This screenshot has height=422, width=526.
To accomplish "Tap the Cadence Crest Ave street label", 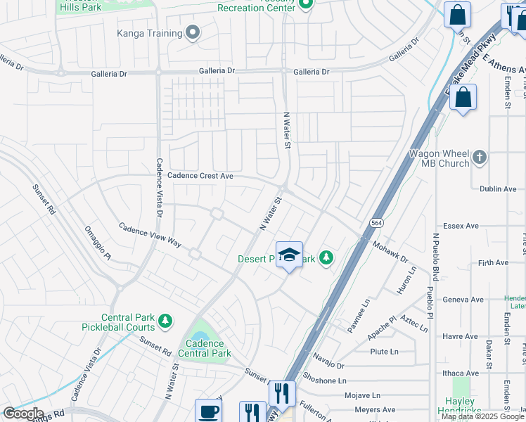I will [200, 177].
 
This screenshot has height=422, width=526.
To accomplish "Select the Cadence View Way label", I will [150, 236].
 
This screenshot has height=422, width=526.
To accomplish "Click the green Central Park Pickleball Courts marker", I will [165, 321].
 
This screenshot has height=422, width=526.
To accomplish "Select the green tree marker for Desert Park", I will [326, 259].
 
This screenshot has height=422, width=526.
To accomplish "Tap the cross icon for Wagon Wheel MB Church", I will [480, 157].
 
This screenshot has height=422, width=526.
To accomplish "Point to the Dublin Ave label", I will [498, 189].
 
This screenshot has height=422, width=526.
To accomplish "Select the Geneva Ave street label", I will [463, 300].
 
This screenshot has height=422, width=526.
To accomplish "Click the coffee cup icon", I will [207, 411].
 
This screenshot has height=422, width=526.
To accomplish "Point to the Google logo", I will [23, 414].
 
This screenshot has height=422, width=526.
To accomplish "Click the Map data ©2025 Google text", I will [482, 416].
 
